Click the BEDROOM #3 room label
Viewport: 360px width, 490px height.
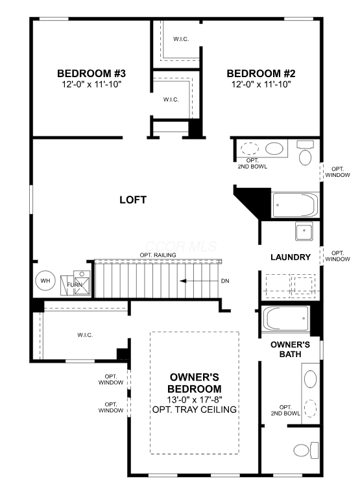coord(91,73)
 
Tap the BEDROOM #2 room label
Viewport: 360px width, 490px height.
coord(261,73)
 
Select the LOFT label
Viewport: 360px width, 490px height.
coord(133,200)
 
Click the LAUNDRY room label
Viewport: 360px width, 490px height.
coord(291,257)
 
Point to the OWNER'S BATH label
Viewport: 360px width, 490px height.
coord(290,349)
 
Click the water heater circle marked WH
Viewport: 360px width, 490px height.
coord(45,281)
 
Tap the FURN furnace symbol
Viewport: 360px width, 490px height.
coord(75,283)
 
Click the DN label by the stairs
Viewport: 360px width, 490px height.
coord(225,281)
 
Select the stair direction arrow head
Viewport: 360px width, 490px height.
coord(183,281)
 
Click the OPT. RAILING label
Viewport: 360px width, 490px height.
coord(158,255)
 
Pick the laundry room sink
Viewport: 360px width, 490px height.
coord(304,231)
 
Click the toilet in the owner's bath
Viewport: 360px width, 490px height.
coord(306,450)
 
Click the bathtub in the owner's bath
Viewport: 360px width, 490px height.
coord(285,318)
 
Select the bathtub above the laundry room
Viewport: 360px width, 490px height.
coord(296,205)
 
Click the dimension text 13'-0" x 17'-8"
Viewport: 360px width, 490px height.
coord(194,399)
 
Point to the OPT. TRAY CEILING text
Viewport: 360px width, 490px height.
coord(194,410)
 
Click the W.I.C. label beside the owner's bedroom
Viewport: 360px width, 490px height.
coord(85,335)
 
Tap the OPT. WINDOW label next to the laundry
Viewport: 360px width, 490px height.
coord(337,256)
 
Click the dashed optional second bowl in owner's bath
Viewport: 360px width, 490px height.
coord(310,408)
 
